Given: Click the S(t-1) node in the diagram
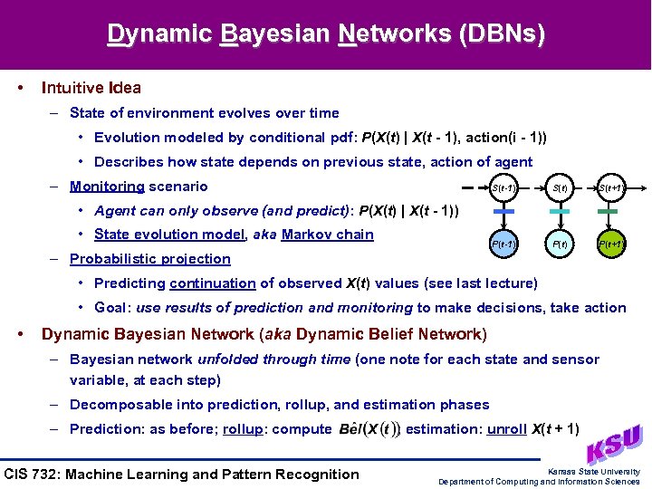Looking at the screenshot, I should click(504, 188).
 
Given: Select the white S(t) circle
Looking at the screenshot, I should click(561, 188).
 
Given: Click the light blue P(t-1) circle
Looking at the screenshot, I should click(504, 244).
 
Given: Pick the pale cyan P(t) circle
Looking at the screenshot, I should click(561, 244).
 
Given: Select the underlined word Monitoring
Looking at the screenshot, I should click(107, 187).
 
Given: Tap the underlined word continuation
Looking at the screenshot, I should click(213, 283).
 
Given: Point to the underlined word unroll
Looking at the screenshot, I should click(507, 429).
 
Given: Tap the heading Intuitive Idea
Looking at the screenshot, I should click(91, 88).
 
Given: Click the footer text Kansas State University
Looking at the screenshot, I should click(593, 472).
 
